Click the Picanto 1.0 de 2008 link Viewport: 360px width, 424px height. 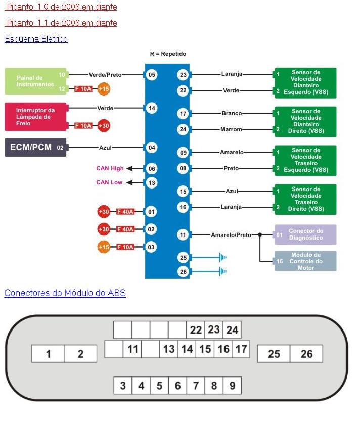(x=62, y=7)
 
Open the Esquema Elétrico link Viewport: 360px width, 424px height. (x=36, y=39)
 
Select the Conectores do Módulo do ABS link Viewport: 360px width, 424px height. (x=65, y=293)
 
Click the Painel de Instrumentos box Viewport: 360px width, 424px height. (x=35, y=81)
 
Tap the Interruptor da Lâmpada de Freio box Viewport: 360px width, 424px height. (x=35, y=117)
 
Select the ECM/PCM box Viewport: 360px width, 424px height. (x=35, y=148)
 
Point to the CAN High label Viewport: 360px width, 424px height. (x=110, y=168)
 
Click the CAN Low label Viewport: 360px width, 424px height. (x=109, y=182)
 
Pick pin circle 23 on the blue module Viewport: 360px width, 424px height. (x=183, y=75)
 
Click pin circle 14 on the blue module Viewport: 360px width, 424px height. (x=152, y=108)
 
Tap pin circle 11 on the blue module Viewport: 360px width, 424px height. (x=183, y=234)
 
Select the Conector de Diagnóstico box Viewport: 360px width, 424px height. (x=305, y=234)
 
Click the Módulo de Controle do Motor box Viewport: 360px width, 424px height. (x=305, y=261)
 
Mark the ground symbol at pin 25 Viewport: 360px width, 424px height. (x=222, y=258)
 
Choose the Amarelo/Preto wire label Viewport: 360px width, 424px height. (x=231, y=234)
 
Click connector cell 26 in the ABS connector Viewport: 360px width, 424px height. (x=306, y=354)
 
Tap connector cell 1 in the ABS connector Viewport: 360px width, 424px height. (x=48, y=354)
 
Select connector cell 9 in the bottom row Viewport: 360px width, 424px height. (x=232, y=386)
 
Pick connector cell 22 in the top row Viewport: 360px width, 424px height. (x=196, y=330)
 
